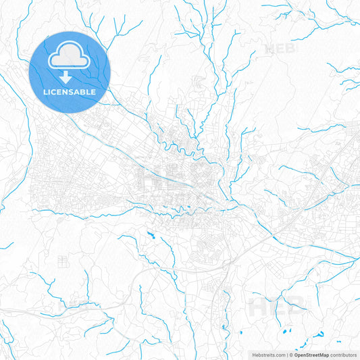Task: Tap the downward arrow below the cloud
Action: (x=70, y=79)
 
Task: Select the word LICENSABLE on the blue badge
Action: (x=70, y=92)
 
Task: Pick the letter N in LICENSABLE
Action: (x=68, y=92)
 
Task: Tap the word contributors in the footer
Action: (x=343, y=355)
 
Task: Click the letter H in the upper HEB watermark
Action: (x=272, y=49)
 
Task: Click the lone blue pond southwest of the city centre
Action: (x=150, y=235)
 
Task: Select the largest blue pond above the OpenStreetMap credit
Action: (x=319, y=334)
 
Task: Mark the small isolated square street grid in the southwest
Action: (x=63, y=259)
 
